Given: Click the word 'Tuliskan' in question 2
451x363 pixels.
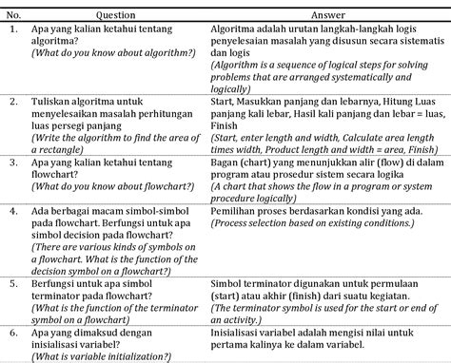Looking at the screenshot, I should click(x=54, y=98).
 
